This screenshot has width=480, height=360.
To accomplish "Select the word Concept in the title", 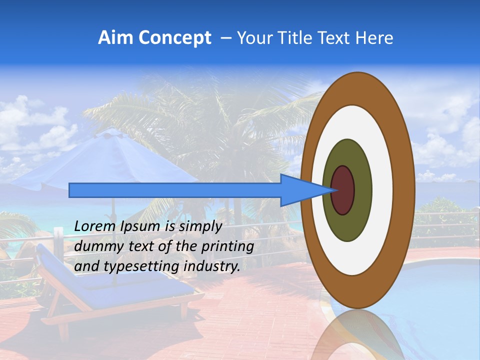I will pyautogui.click(x=174, y=38).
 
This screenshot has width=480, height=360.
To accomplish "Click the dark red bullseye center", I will pyautogui.click(x=343, y=190).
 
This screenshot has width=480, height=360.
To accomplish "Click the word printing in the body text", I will pyautogui.click(x=227, y=246).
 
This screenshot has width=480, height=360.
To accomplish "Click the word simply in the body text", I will pyautogui.click(x=200, y=227).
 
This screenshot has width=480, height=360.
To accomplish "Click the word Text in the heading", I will pyautogui.click(x=335, y=38).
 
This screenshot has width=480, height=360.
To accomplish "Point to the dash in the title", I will pyautogui.click(x=225, y=38).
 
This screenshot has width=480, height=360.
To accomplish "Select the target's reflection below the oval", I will pyautogui.click(x=357, y=335).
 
